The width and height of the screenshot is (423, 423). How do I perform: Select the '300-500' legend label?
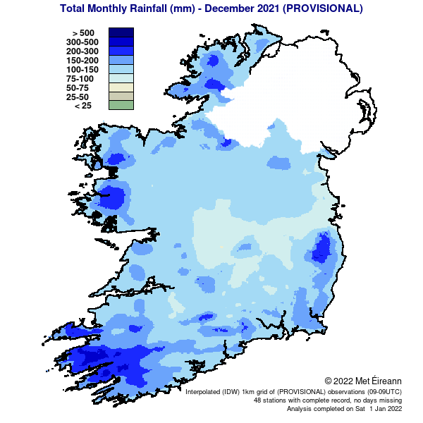(80, 42)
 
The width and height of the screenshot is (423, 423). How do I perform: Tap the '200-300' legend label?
(80, 51)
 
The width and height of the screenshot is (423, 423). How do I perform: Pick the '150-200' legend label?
(80, 60)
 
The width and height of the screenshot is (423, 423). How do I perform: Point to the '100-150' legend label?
(80, 69)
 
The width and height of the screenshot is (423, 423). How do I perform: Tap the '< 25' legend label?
(83, 106)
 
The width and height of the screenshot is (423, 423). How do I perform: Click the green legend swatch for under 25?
(121, 105)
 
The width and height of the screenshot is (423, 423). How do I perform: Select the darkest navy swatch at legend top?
(121, 32)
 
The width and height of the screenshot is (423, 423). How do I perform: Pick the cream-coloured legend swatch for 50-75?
(121, 87)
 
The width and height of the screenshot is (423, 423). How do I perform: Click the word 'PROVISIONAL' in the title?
(321, 9)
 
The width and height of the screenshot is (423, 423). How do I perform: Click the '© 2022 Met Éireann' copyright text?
(363, 381)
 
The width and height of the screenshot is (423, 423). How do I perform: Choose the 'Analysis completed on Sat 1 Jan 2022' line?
(338, 408)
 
